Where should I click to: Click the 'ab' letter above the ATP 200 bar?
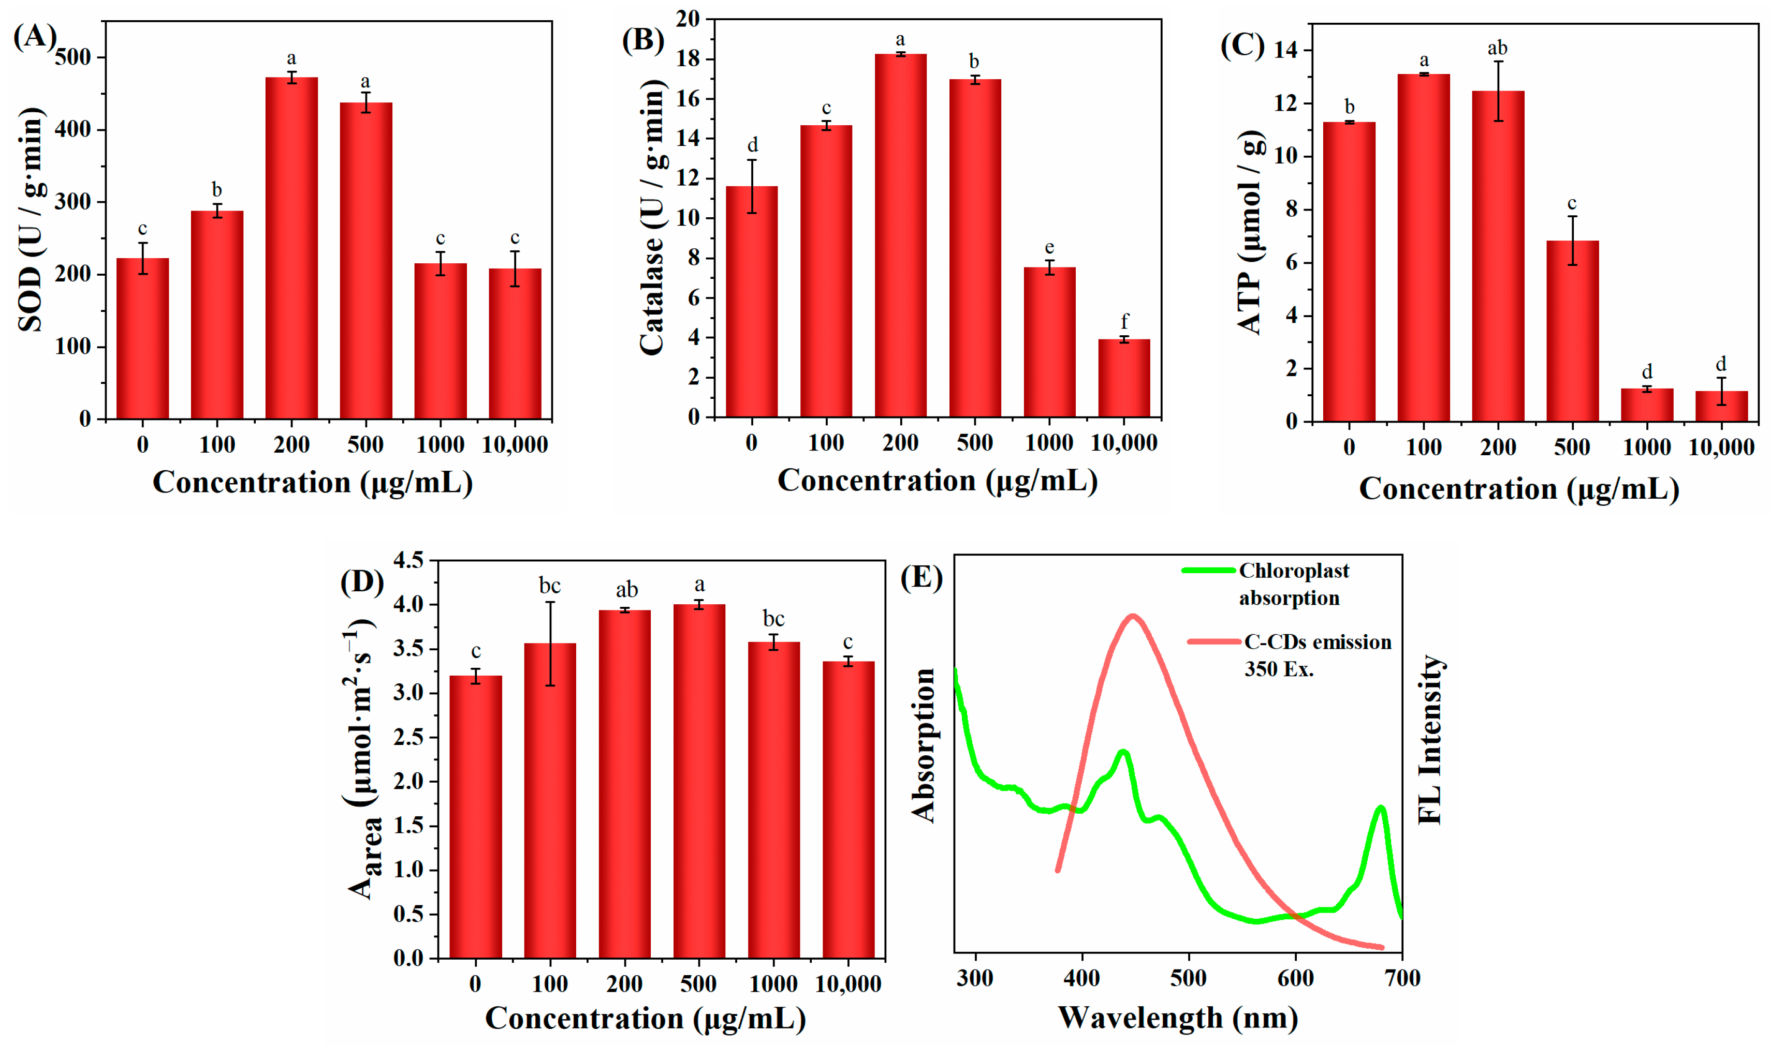[x=1497, y=48]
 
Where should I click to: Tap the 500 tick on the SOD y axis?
[x=74, y=57]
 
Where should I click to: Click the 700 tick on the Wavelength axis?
[x=1402, y=978]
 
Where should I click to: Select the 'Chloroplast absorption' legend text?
[x=1294, y=584]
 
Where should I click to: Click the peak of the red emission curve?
[x=1133, y=616]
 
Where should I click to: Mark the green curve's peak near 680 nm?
[x=1381, y=808]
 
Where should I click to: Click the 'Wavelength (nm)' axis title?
[x=1178, y=1018]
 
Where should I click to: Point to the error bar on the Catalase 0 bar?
[x=752, y=186]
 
